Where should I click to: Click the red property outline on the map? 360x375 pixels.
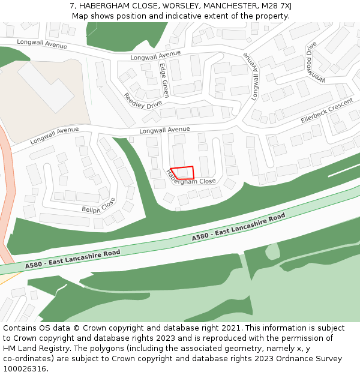click(182, 173)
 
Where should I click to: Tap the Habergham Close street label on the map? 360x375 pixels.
click(190, 178)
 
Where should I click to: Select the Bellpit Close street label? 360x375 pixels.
click(99, 205)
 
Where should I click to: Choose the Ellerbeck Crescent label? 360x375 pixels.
click(327, 112)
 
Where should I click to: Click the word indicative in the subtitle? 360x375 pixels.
click(184, 16)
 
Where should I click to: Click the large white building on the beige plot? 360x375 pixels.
click(45, 86)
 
